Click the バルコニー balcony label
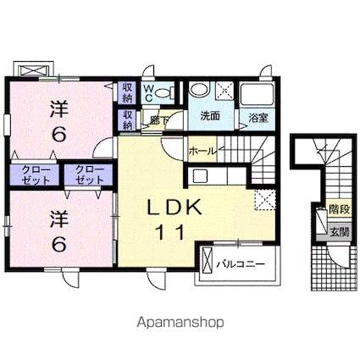click(244, 264)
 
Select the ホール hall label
click(202, 151)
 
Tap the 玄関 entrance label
click(338, 230)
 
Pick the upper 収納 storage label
click(127, 91)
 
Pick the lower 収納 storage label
click(127, 119)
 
